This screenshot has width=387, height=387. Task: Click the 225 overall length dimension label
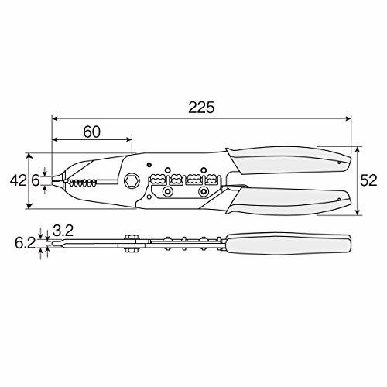pos(201,108)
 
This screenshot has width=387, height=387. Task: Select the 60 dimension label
pos(91,132)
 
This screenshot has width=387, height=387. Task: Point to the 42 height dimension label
pos(18,180)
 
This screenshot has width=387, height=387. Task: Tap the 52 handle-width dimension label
pos(368,180)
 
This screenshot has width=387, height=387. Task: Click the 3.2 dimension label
pos(63,231)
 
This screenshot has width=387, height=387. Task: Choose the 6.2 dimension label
pos(25,243)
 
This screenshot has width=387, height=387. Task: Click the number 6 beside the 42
pos(36,180)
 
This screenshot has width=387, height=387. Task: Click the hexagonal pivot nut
pos(132,180)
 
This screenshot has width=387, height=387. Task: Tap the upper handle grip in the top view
pos(289,160)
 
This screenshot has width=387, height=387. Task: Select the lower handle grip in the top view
pos(289,201)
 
